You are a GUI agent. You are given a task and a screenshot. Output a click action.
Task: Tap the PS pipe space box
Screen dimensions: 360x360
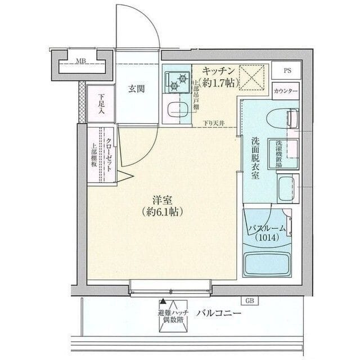coord(287,71)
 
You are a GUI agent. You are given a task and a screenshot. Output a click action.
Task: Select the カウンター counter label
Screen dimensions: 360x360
coord(286,91)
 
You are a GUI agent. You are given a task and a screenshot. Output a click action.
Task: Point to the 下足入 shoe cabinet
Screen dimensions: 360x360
coord(100,103)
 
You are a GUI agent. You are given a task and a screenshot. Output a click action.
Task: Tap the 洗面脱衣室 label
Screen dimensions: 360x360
coord(255,158)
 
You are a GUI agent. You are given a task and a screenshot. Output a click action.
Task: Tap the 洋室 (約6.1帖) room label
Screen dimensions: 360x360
coord(161,205)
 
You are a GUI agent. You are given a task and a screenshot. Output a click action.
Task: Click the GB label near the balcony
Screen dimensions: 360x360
coord(249,301)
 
